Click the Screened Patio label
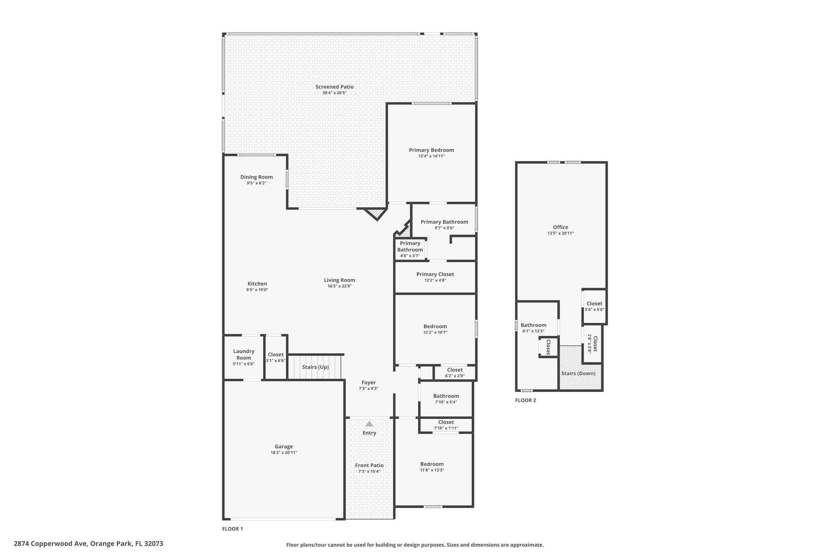[x=334, y=87]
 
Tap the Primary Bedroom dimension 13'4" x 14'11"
[x=432, y=156]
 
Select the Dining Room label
[x=257, y=177]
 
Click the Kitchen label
[x=257, y=284]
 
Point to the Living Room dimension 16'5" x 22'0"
[x=340, y=286]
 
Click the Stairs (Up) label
[x=315, y=367]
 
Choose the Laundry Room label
[x=244, y=354]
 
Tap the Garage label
[x=284, y=446]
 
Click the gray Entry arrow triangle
[x=369, y=424]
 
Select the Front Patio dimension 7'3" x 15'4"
[x=369, y=471]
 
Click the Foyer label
[x=369, y=382]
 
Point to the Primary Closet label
[x=435, y=274]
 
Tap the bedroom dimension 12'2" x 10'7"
[x=435, y=332]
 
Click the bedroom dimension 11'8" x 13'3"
[x=432, y=470]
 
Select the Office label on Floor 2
[x=560, y=227]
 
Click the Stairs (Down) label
[x=578, y=373]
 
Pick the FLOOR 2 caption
[x=526, y=400]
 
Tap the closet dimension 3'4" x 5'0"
[x=595, y=310]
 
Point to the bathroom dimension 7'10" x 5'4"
[x=446, y=402]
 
